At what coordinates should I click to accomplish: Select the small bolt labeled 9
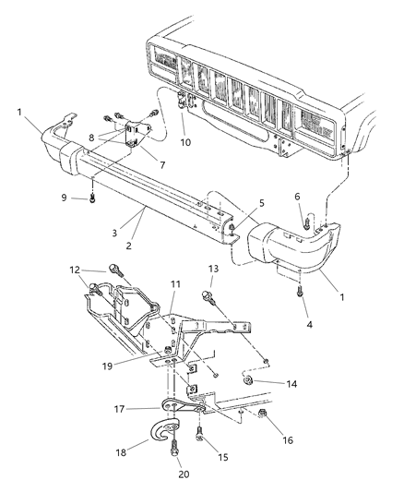93,197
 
